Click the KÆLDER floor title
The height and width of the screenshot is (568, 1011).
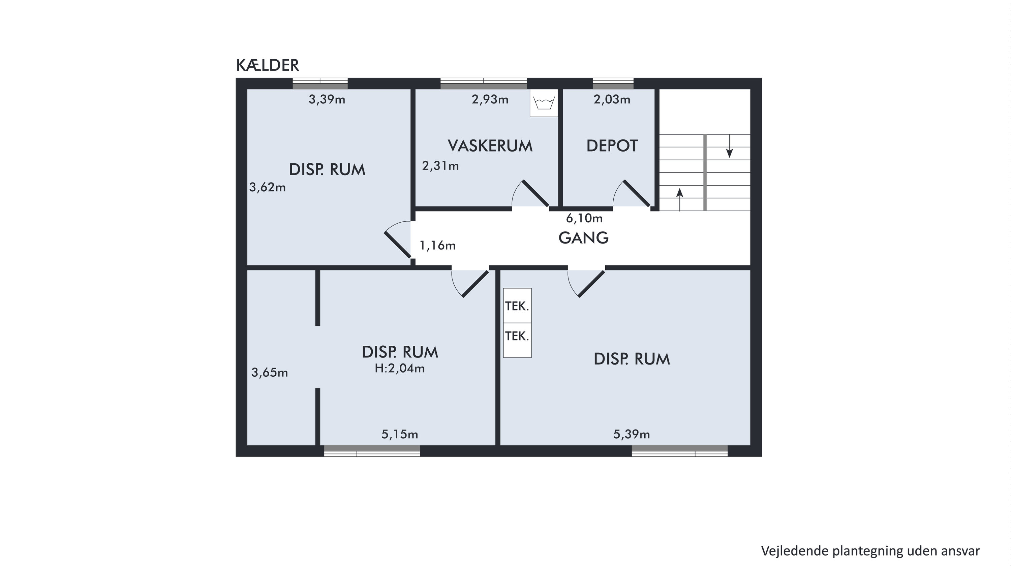(268, 65)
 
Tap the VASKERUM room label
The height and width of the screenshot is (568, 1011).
(490, 146)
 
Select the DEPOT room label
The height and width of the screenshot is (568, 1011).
(612, 146)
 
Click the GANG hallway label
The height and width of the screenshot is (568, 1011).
(584, 238)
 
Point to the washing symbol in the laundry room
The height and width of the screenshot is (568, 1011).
(544, 103)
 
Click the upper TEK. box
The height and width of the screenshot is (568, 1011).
(517, 306)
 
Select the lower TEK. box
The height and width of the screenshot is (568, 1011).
(517, 340)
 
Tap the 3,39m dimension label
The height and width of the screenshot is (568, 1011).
(327, 100)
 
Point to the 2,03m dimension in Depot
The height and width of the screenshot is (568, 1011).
(612, 100)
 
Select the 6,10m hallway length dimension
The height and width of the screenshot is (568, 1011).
(584, 218)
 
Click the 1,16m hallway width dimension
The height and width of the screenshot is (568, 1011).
(438, 246)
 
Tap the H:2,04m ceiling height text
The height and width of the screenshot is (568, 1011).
(400, 368)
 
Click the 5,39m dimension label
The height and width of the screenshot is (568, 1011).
(632, 434)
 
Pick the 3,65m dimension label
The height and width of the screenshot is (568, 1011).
(270, 372)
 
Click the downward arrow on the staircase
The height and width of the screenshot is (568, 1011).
(729, 146)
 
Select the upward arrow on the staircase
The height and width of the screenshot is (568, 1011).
(680, 200)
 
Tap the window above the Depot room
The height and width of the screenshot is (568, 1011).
(613, 84)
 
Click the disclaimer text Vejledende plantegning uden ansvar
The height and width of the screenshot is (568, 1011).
(870, 551)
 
